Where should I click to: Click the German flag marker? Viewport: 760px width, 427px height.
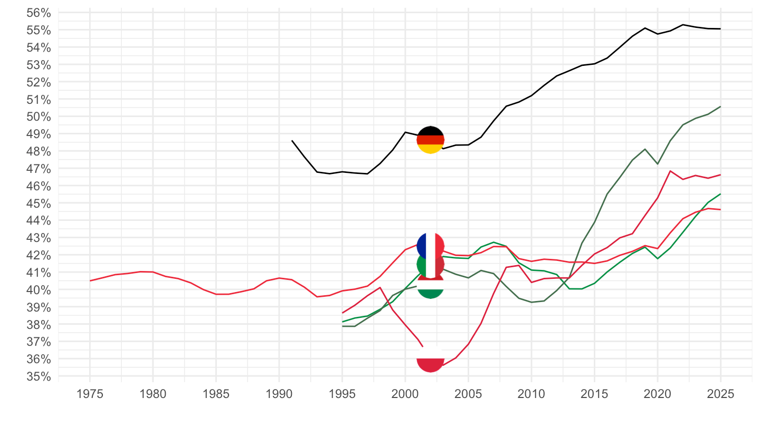[431, 140]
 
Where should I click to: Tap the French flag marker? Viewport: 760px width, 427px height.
[431, 246]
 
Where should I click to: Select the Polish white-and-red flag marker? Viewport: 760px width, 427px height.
[431, 358]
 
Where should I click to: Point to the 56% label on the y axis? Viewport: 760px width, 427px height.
[39, 13]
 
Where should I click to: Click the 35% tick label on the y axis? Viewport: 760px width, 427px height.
[39, 376]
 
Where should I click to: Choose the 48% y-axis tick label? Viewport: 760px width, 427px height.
[39, 151]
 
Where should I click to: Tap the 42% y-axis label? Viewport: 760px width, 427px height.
[39, 255]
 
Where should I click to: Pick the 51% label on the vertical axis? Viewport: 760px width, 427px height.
[39, 100]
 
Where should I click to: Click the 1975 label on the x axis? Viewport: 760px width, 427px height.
[90, 393]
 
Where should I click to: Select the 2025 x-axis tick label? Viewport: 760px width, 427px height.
[720, 393]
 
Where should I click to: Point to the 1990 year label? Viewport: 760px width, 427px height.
[279, 393]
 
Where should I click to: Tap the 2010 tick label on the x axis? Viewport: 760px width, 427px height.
[531, 393]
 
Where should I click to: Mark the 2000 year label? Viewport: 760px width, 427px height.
[405, 393]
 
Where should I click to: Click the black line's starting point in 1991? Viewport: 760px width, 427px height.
[292, 141]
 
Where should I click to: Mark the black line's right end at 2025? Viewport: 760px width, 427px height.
[720, 29]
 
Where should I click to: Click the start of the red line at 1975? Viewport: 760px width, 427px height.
[90, 280]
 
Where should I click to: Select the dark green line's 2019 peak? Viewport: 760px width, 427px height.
[645, 149]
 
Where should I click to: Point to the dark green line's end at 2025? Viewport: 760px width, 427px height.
[720, 106]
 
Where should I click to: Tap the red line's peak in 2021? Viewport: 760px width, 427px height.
[670, 171]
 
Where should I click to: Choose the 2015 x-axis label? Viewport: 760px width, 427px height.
[594, 393]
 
